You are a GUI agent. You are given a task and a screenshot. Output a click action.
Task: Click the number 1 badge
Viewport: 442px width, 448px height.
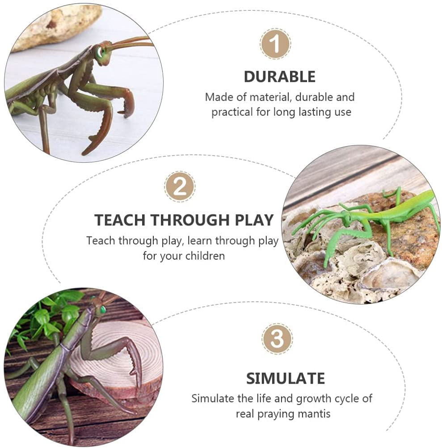click(x=275, y=44)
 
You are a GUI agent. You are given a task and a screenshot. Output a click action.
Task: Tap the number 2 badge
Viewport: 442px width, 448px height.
click(x=180, y=186)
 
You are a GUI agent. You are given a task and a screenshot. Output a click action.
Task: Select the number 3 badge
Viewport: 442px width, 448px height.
click(x=277, y=339)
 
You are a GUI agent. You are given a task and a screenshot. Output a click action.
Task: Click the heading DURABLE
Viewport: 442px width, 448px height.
click(x=279, y=76)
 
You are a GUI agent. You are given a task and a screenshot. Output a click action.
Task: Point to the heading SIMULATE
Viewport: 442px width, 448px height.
click(x=286, y=378)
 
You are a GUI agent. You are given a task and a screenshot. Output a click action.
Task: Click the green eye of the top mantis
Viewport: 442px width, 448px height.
click(x=100, y=51)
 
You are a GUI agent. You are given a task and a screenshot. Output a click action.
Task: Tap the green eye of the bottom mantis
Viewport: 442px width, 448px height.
click(x=102, y=309)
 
